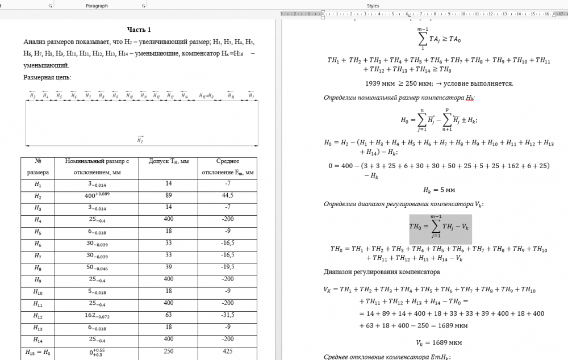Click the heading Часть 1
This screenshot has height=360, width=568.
pyautogui.click(x=139, y=30)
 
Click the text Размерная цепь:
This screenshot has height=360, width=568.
pyautogui.click(x=47, y=77)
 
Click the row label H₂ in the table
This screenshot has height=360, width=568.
pyautogui.click(x=38, y=196)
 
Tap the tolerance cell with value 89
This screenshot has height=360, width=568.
pyautogui.click(x=169, y=196)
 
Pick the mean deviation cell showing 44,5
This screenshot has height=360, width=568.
pyautogui.click(x=228, y=196)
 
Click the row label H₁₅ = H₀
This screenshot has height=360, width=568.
pyautogui.click(x=38, y=352)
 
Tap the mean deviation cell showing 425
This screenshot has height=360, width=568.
pyautogui.click(x=228, y=352)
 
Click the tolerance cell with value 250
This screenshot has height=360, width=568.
pyautogui.click(x=169, y=352)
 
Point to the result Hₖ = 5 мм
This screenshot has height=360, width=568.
pyautogui.click(x=439, y=190)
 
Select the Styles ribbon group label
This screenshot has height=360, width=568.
pyautogui.click(x=373, y=6)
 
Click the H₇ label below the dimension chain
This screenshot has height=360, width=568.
pyautogui.click(x=140, y=139)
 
